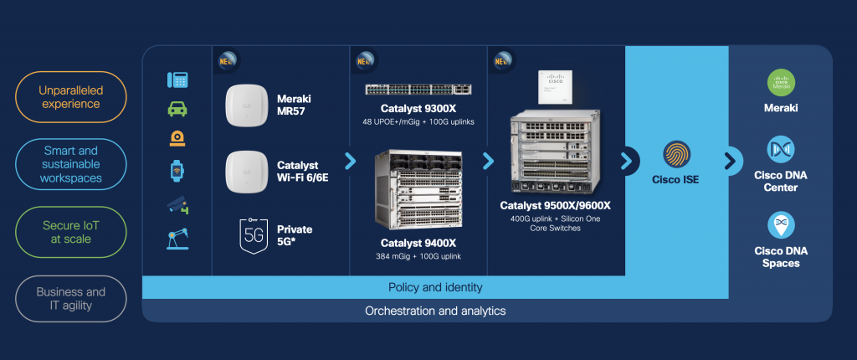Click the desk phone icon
click(x=177, y=80)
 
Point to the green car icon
click(x=177, y=109)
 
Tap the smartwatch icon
click(x=177, y=171)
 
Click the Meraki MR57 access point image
click(x=245, y=106)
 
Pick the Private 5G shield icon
click(x=253, y=235)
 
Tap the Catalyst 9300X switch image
click(x=418, y=90)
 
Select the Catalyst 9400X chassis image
click(x=418, y=189)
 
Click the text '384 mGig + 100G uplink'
click(x=419, y=256)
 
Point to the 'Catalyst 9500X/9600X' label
click(x=556, y=205)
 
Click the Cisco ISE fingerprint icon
click(x=677, y=156)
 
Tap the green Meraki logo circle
click(x=781, y=82)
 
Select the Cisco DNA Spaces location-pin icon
click(x=781, y=225)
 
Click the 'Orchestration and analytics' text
click(x=435, y=311)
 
